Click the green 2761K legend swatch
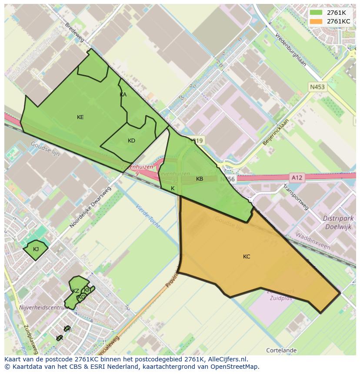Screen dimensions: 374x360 pyautogui.click(x=316, y=13)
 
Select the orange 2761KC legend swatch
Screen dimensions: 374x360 pyautogui.click(x=316, y=21)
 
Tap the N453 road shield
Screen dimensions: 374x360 pyautogui.click(x=317, y=87)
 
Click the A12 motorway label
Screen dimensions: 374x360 pyautogui.click(x=297, y=177)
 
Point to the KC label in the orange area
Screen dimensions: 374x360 pyautogui.click(x=247, y=257)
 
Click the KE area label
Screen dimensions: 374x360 pyautogui.click(x=80, y=117)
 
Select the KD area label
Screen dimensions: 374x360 pyautogui.click(x=131, y=140)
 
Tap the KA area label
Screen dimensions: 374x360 pyautogui.click(x=123, y=95)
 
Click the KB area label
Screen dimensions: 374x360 pyautogui.click(x=200, y=179)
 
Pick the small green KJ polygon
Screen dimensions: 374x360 pyautogui.click(x=36, y=249)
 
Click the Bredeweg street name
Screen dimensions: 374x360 pyautogui.click(x=74, y=33)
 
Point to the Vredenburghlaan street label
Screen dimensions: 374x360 pyautogui.click(x=290, y=50)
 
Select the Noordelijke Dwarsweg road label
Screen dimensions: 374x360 pyautogui.click(x=90, y=207)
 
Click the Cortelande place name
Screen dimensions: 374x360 pyautogui.click(x=281, y=350)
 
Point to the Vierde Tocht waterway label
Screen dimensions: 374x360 pyautogui.click(x=148, y=217)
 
